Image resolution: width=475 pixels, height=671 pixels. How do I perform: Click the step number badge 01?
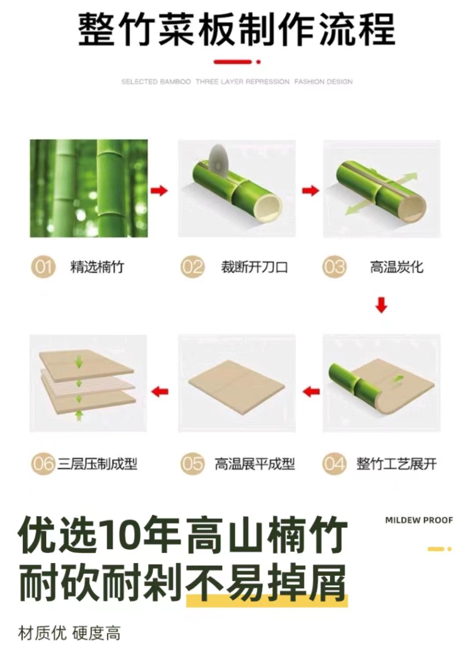pyautogui.click(x=43, y=267)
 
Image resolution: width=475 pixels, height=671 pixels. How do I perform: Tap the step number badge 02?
pyautogui.click(x=193, y=267)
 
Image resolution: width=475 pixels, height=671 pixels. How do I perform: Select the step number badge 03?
pyautogui.click(x=334, y=267)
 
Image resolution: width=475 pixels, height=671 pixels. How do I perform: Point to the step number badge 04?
pyautogui.click(x=334, y=464)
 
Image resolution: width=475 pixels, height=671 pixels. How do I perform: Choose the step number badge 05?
pyautogui.click(x=193, y=464)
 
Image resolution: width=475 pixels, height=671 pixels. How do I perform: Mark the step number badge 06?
pyautogui.click(x=43, y=464)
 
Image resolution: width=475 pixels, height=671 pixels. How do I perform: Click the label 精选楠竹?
pyautogui.click(x=97, y=267)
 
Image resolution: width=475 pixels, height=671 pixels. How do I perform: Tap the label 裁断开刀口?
pyautogui.click(x=254, y=267)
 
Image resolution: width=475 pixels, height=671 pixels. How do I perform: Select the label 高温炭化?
pyautogui.click(x=397, y=267)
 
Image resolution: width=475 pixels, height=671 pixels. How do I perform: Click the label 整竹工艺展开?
pyautogui.click(x=397, y=464)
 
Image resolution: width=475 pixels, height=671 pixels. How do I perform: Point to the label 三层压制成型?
pyautogui.click(x=97, y=464)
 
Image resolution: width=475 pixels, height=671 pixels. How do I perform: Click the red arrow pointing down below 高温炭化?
pyautogui.click(x=381, y=305)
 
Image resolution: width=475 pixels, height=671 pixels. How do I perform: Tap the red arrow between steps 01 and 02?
pyautogui.click(x=159, y=191)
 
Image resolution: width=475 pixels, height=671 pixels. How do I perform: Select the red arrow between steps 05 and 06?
pyautogui.click(x=160, y=392)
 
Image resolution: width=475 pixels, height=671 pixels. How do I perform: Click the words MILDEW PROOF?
pyautogui.click(x=419, y=521)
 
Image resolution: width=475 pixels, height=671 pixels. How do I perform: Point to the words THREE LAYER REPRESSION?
pyautogui.click(x=243, y=82)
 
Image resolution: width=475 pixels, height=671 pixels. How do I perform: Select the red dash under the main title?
pyautogui.click(x=233, y=62)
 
